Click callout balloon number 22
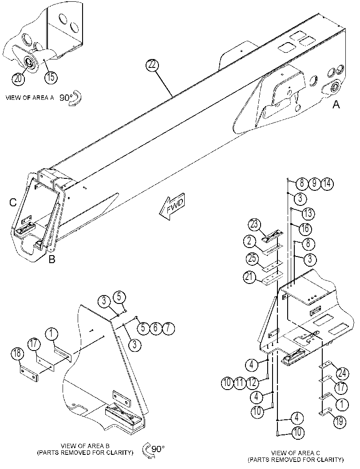coord(152,65)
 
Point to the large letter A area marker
coord(336,105)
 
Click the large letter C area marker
coord(12,202)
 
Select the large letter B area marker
coord(52,259)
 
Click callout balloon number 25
coord(252,258)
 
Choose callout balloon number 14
coord(327,183)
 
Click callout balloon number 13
coord(308,213)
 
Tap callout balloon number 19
coord(340,422)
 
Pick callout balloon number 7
coord(168,328)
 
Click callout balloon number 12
coord(252,382)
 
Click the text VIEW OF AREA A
coord(30,98)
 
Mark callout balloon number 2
coord(249,241)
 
